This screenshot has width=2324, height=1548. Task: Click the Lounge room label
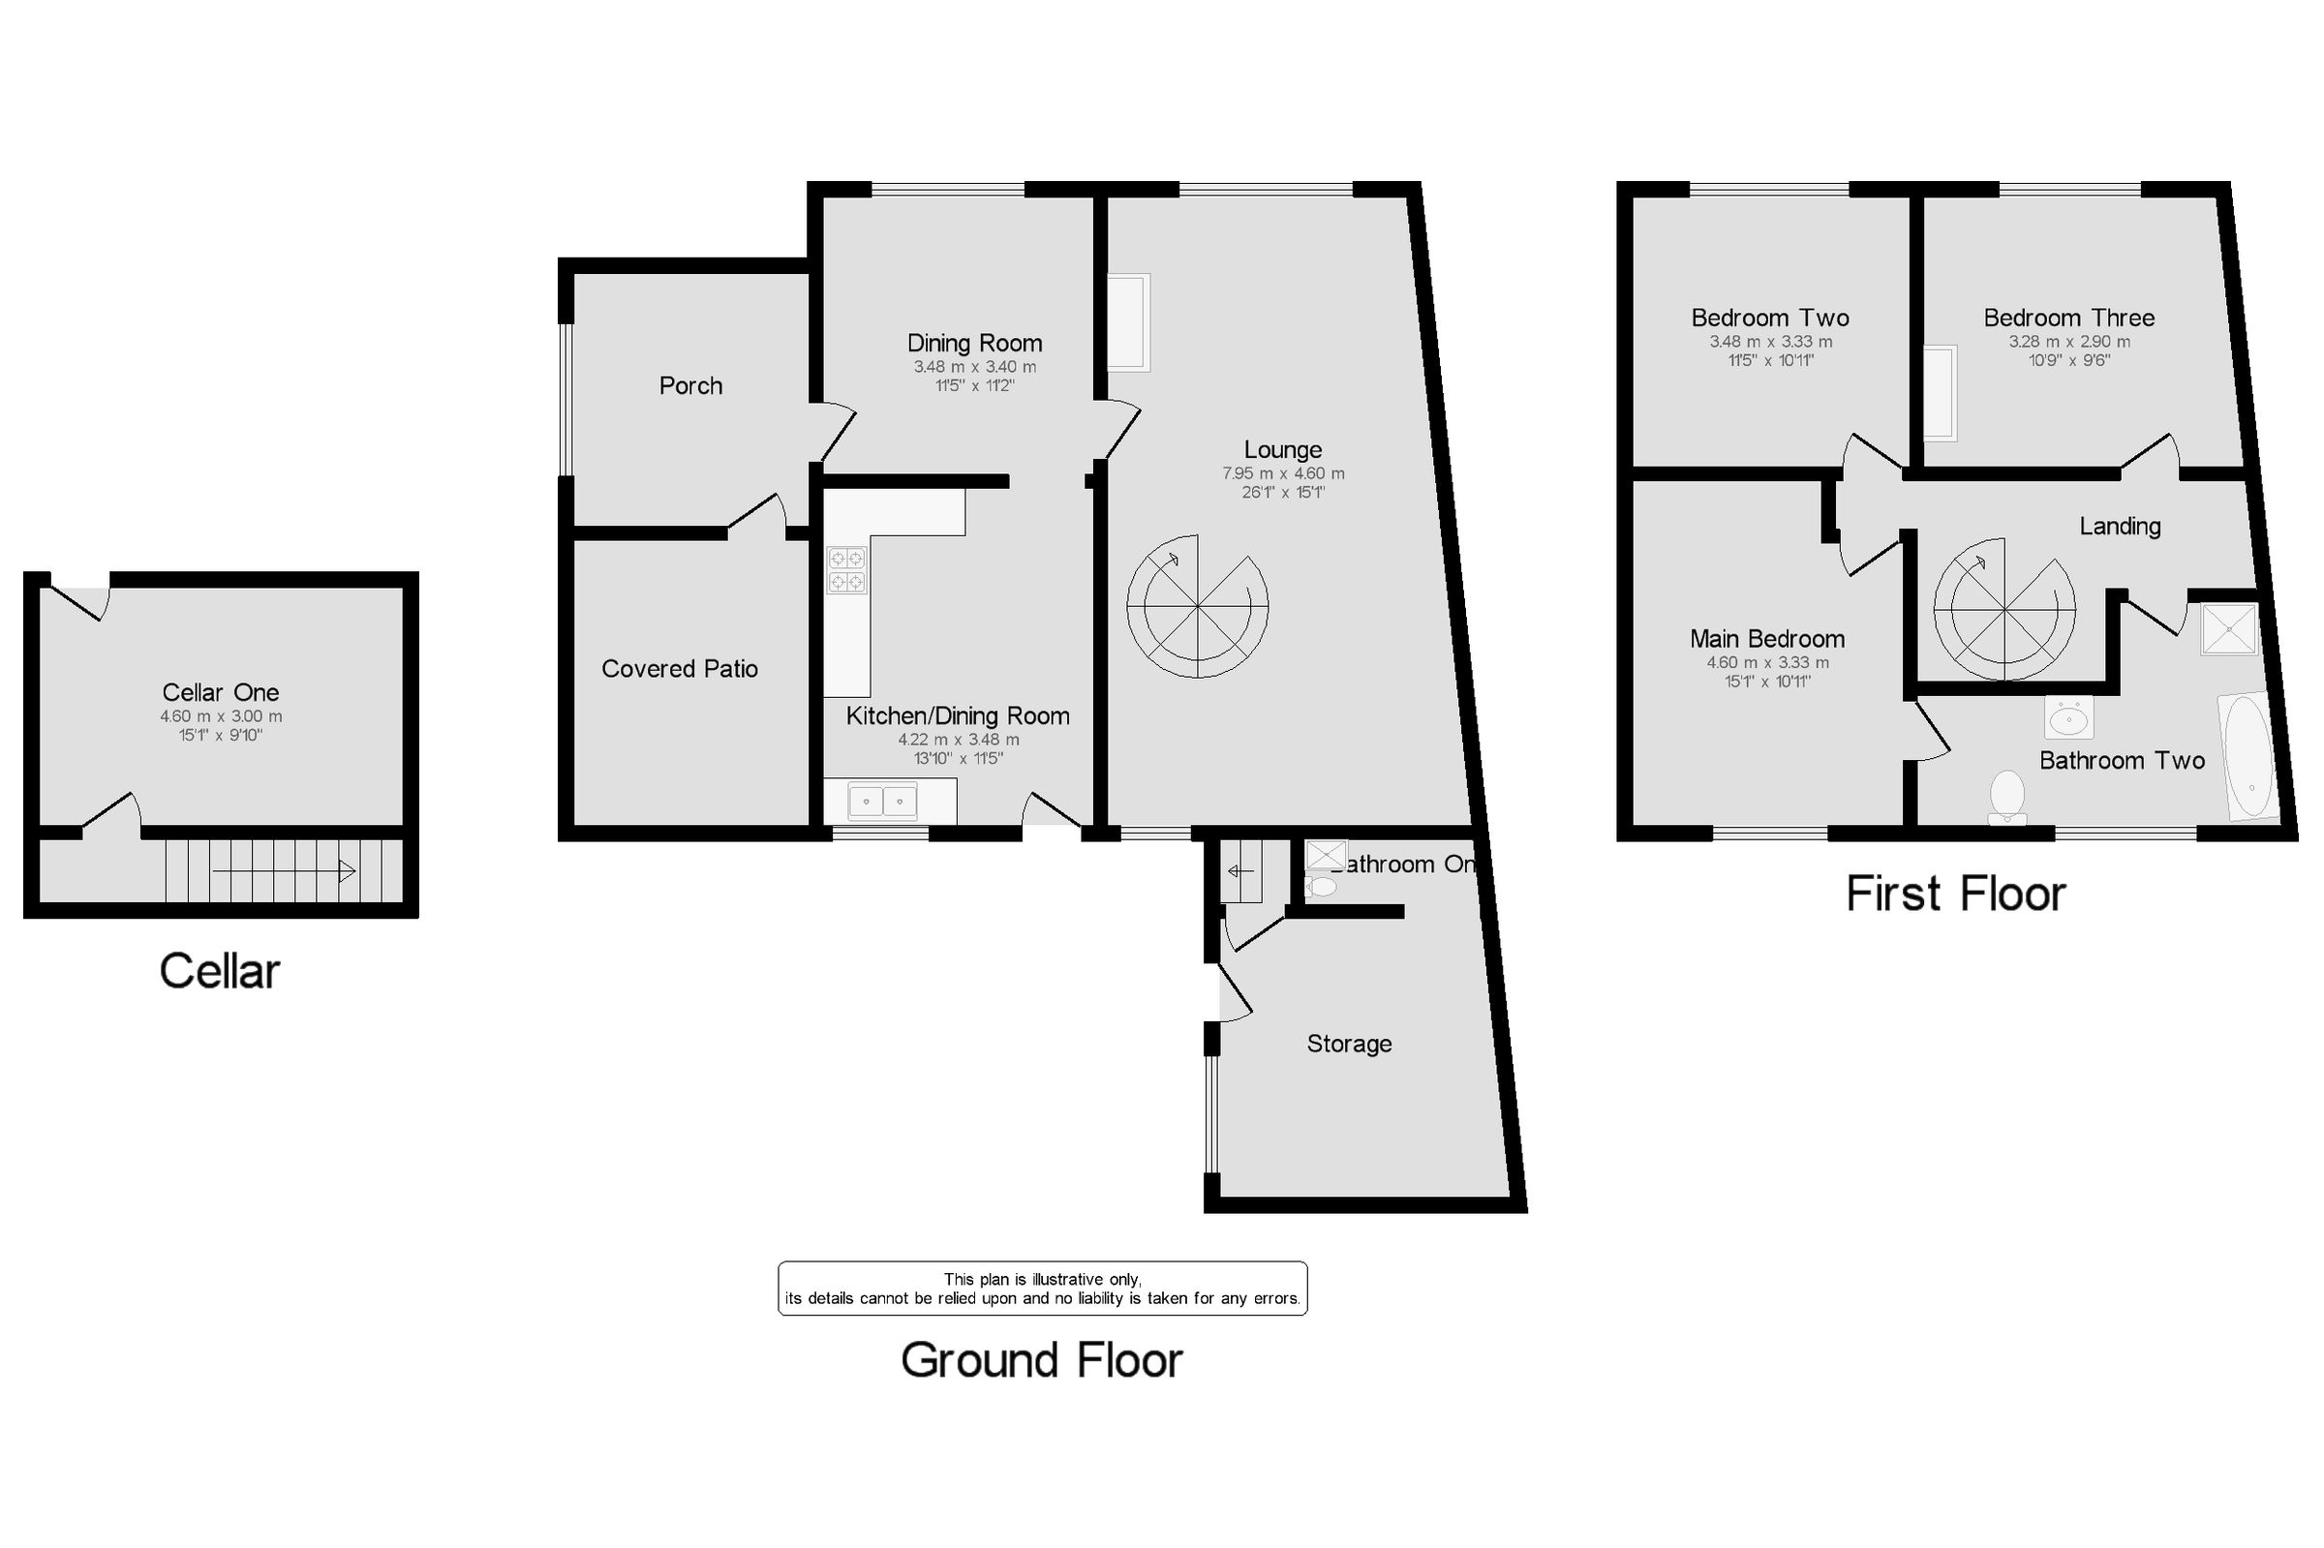pos(1281,450)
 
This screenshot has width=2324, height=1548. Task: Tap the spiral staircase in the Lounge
pos(1197,606)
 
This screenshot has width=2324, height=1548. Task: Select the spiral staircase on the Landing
pos(2003,609)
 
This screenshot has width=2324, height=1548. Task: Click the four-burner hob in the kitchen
pos(846,569)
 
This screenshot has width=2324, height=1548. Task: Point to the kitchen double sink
pos(882,802)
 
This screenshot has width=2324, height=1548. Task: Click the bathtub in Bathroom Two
pos(2250,758)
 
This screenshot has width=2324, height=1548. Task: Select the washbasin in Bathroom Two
pos(2068,718)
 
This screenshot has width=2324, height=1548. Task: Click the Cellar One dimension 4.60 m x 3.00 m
pos(221,716)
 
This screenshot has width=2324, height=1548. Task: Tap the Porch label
pos(690,386)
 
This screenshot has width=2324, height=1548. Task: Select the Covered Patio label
pos(679,669)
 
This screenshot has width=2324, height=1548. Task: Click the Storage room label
pos(1349,1044)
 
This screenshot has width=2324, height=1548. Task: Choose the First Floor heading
pos(1955,895)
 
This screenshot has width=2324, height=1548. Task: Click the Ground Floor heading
pos(1041,1360)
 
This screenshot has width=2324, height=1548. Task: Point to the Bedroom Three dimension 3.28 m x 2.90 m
pos(2068,342)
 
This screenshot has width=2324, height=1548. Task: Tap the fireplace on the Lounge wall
pos(1128,322)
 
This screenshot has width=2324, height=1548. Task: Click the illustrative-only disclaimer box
pos(1042,1289)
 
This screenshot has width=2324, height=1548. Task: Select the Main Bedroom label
pos(1766,639)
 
